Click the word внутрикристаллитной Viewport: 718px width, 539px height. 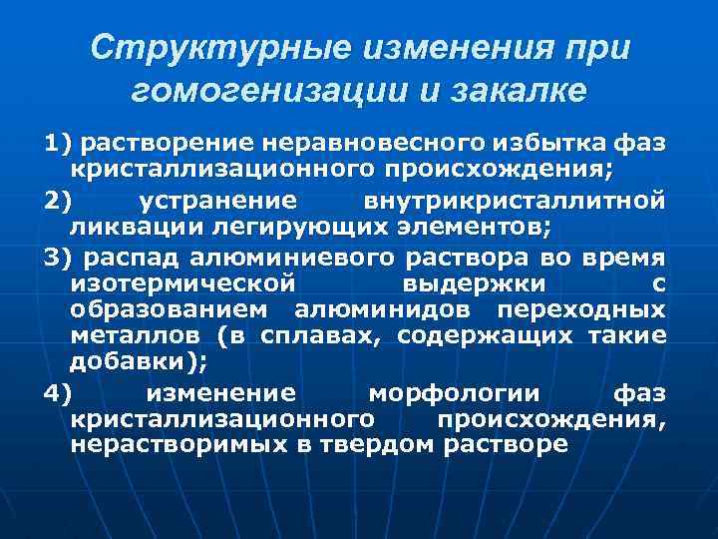tap(515, 201)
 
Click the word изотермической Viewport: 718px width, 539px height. tap(182, 283)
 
